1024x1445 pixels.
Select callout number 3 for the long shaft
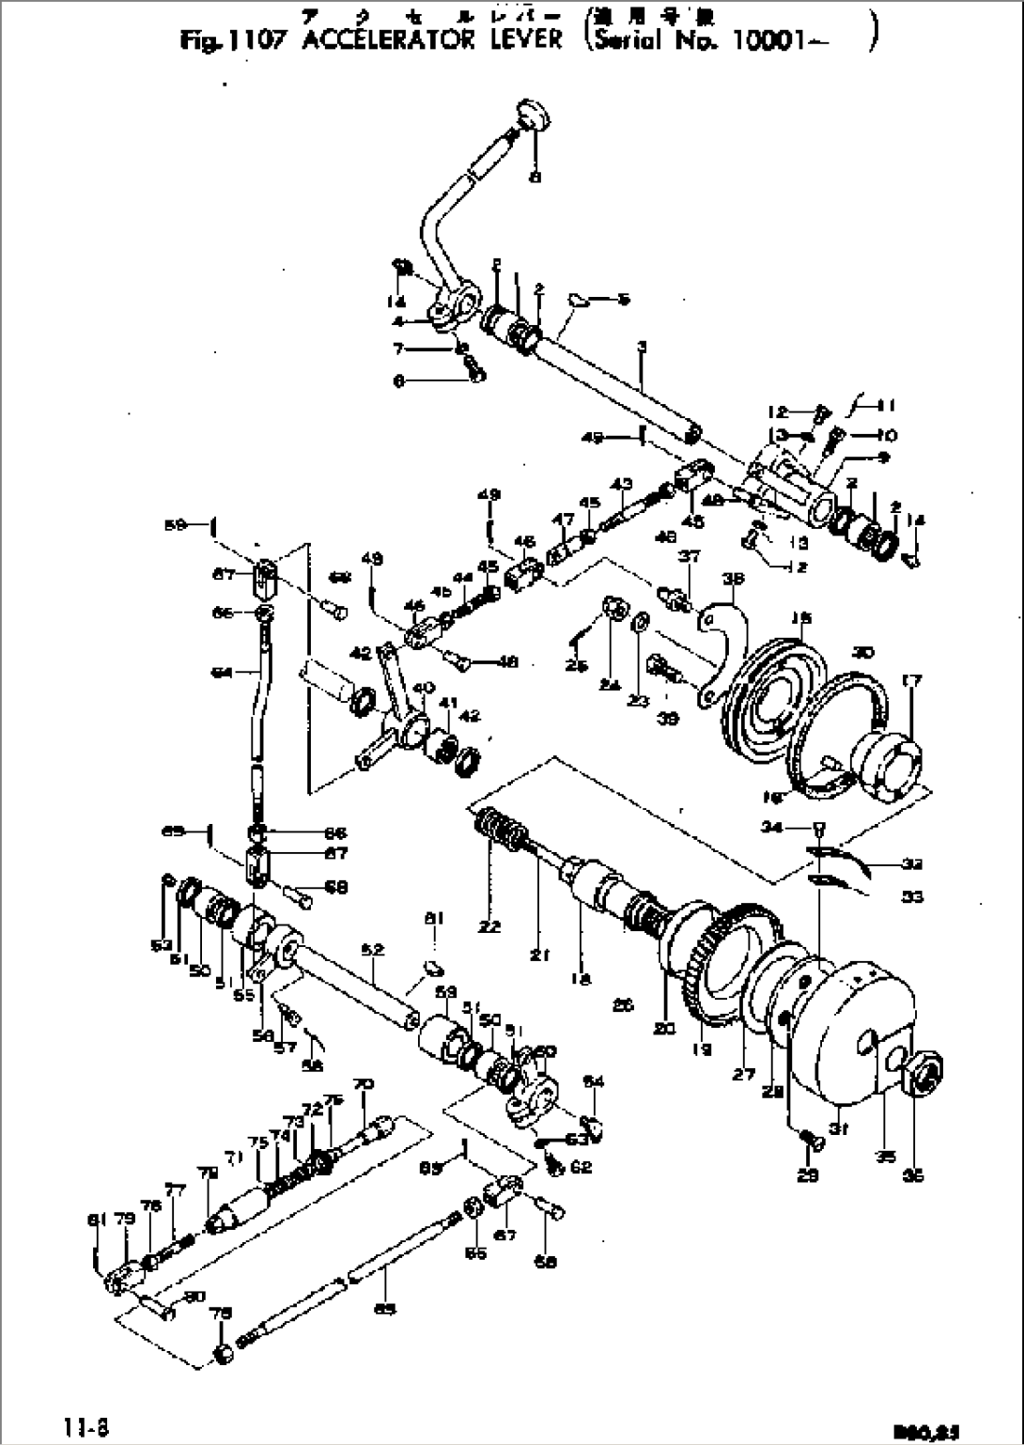click(x=641, y=348)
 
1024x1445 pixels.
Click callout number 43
click(x=621, y=484)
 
